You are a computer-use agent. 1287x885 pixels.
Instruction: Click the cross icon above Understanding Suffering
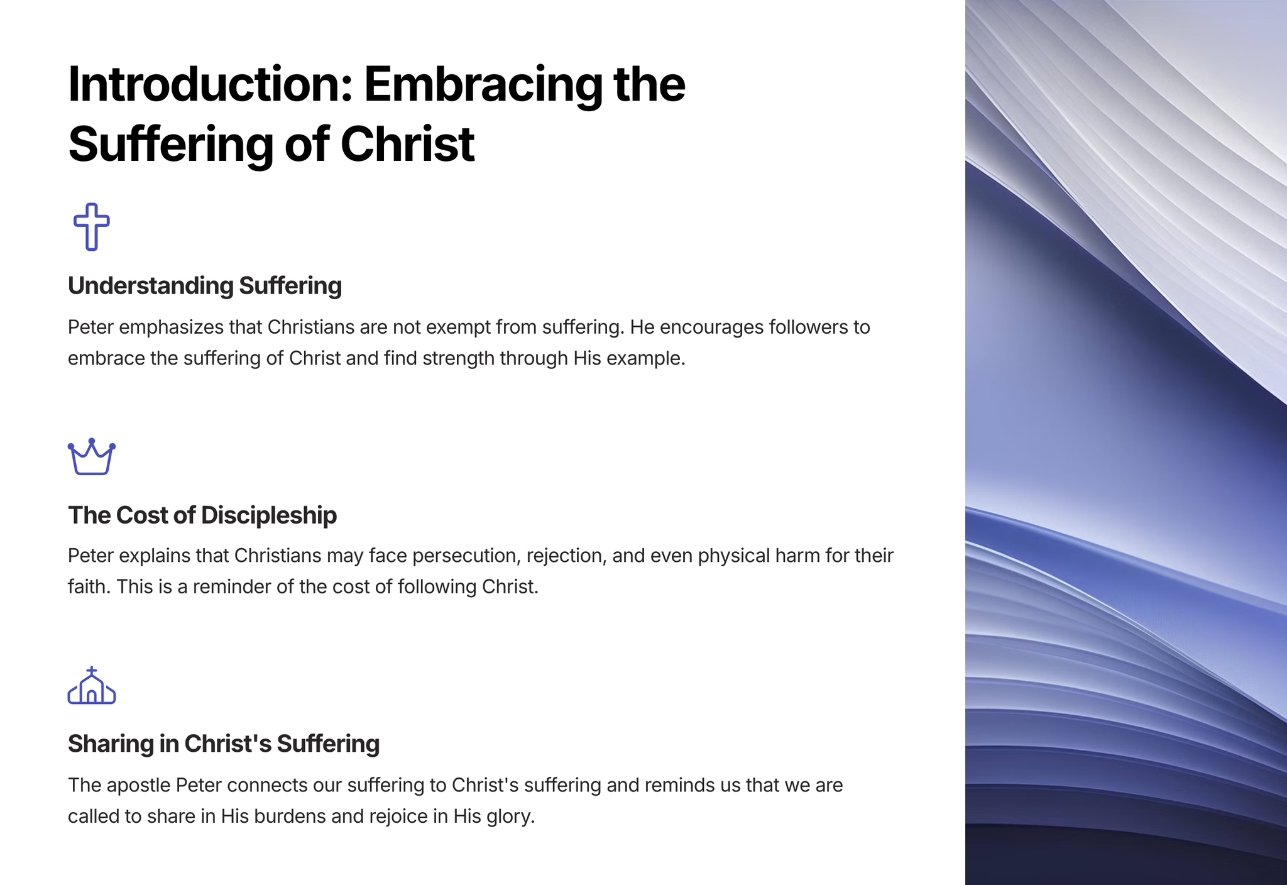92,227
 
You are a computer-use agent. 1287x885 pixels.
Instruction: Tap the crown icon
92,456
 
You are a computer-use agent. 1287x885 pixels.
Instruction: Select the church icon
92,685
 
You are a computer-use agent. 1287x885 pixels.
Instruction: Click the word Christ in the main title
407,144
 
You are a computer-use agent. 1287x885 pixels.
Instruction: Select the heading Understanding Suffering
205,286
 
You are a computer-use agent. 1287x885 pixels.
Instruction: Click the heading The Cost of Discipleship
202,515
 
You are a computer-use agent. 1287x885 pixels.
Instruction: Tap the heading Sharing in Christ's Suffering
224,744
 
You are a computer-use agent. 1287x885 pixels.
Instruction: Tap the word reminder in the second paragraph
232,587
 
